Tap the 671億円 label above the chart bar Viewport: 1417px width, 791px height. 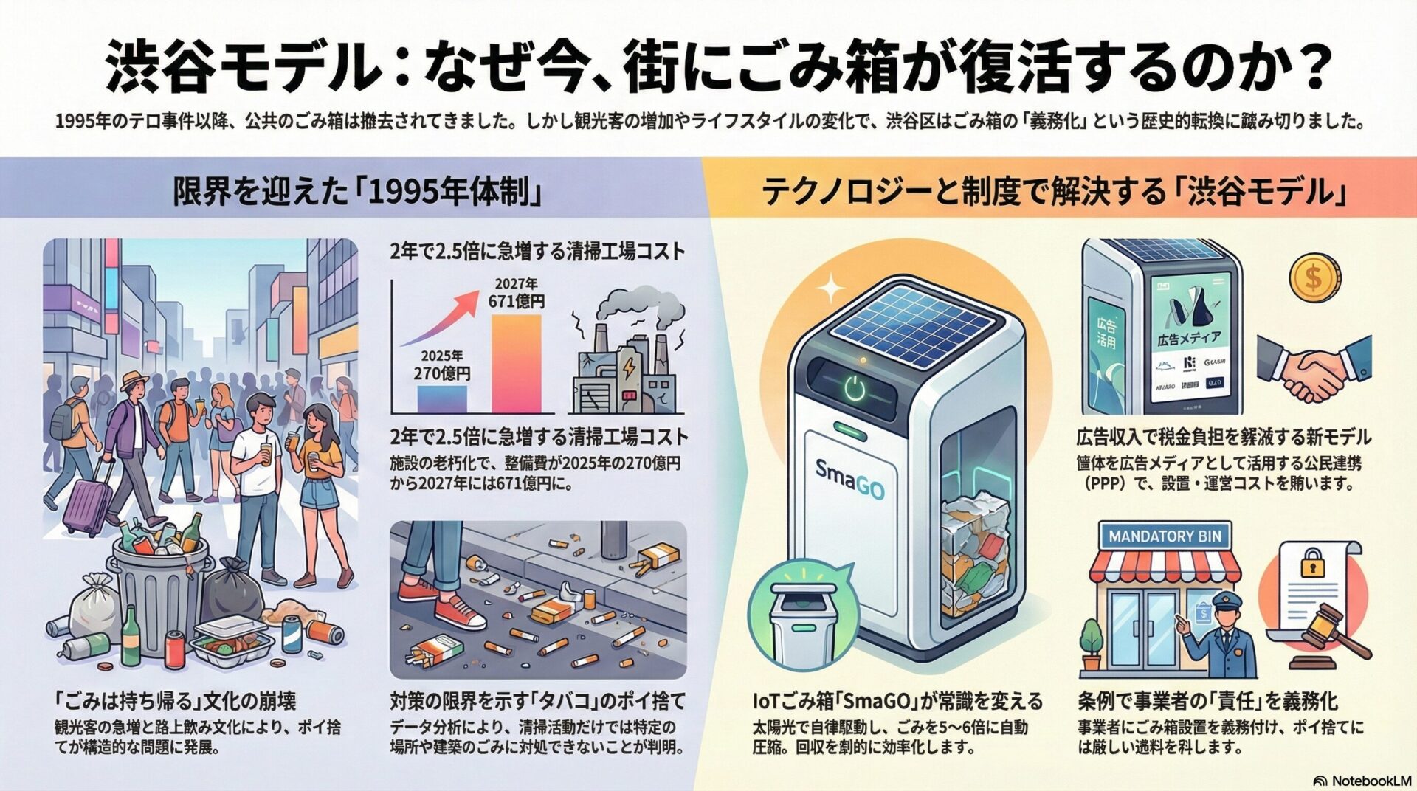coord(516,301)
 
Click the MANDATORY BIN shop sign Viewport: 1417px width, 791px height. coord(1165,536)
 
